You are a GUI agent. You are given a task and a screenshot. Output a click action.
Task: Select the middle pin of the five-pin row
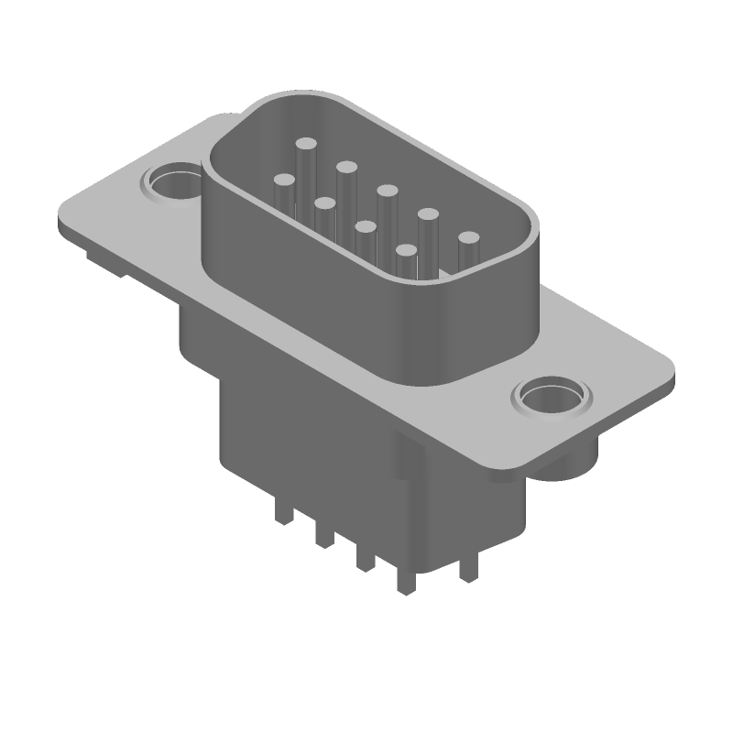coord(387,191)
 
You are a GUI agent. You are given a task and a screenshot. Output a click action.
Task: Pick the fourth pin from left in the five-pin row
coord(428,214)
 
